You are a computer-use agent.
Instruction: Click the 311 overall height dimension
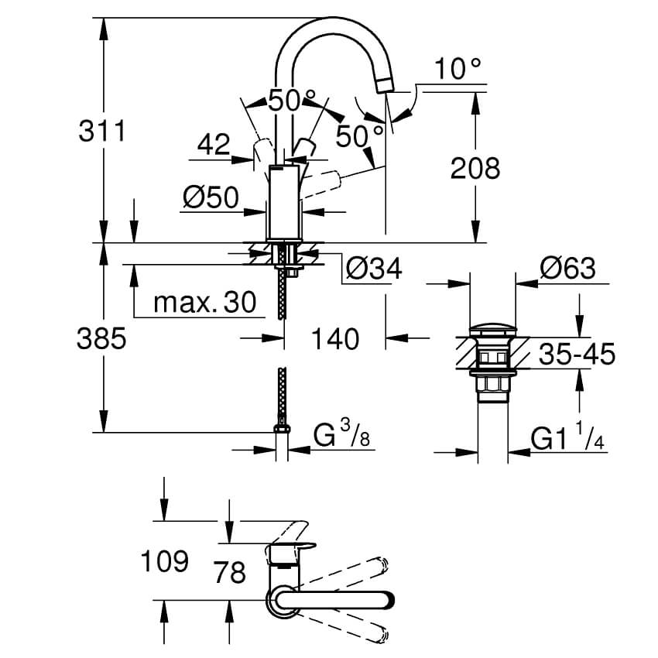[x=101, y=131]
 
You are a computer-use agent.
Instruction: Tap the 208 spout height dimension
[x=475, y=167]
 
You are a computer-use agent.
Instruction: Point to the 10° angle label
[x=458, y=70]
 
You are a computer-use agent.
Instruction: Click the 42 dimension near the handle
[x=214, y=144]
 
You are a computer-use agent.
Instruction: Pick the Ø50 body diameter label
[x=211, y=198]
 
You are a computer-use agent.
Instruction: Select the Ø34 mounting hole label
[x=374, y=269]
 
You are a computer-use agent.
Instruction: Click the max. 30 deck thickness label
[x=204, y=303]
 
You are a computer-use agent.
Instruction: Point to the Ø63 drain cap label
[x=567, y=268]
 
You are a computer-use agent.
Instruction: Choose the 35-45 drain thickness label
[x=576, y=355]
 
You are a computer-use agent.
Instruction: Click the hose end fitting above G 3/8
[x=282, y=428]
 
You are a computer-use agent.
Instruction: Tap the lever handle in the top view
[x=333, y=600]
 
